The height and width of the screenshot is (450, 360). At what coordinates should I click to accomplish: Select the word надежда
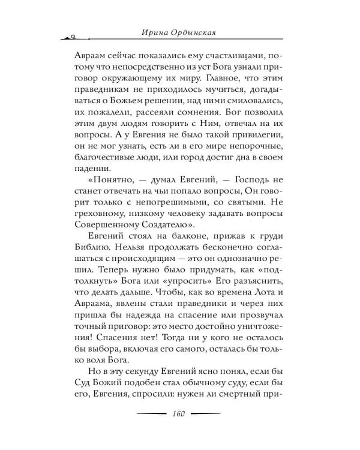tap(148, 347)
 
